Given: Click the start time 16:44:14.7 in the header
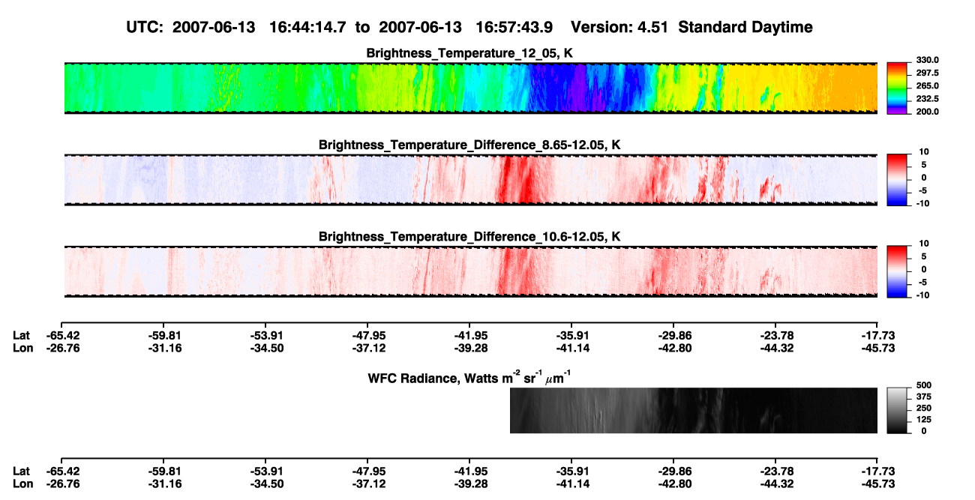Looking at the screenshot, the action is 307,27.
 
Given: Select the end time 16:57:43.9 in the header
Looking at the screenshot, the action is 514,27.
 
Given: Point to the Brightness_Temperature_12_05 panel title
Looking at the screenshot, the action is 469,53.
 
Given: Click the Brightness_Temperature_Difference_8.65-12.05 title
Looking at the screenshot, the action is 469,145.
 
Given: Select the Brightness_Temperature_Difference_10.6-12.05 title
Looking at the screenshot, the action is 469,237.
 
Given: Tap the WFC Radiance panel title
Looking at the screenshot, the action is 469,378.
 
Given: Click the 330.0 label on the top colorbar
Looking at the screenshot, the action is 927,60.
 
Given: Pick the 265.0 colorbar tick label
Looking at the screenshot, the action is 927,85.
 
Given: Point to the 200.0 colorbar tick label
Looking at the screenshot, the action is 927,112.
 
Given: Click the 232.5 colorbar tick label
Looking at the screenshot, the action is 927,99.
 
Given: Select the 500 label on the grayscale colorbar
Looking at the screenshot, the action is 924,385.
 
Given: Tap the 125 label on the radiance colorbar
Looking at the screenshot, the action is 924,420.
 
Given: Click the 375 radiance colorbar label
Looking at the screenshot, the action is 924,397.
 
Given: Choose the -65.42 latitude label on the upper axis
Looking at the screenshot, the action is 63,336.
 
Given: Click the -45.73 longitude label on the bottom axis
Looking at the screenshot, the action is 878,484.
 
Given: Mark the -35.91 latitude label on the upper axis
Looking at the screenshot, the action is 572,336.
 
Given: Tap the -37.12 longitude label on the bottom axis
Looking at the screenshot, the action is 369,484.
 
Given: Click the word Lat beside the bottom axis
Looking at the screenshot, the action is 21,472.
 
